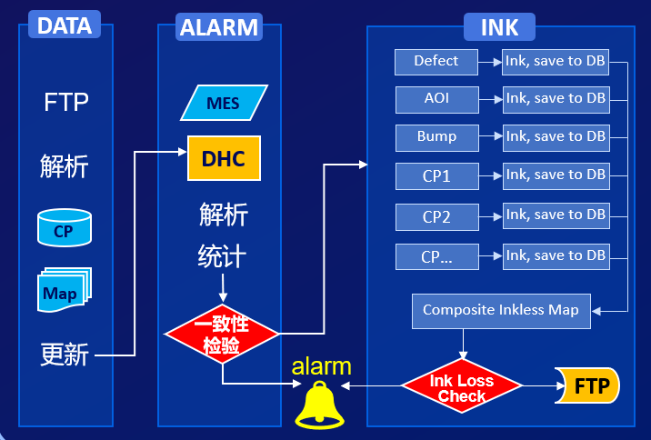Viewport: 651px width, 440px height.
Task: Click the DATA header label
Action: point(66,25)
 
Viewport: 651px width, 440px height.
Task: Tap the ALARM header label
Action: point(218,26)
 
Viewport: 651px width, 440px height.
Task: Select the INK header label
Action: point(499,26)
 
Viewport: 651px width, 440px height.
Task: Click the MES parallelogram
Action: point(224,103)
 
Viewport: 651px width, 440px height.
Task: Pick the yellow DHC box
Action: point(224,158)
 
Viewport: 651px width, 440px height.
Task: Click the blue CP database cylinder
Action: point(64,229)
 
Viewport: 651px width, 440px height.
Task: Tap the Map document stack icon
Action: point(64,290)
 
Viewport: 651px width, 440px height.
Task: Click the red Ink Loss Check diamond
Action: point(462,387)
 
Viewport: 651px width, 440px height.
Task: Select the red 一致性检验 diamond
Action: point(222,335)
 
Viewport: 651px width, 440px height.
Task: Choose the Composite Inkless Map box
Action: point(501,310)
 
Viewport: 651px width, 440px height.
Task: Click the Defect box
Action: point(436,62)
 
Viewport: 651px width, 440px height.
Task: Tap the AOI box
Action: point(436,98)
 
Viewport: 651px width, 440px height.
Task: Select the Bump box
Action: point(436,137)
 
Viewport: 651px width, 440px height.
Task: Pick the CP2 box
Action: point(436,217)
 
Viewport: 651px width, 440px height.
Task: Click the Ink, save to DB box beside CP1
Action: point(556,175)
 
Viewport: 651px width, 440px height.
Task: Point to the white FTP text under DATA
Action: point(66,102)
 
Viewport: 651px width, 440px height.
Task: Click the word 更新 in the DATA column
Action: point(65,354)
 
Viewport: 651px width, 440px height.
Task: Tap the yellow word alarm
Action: point(321,367)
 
